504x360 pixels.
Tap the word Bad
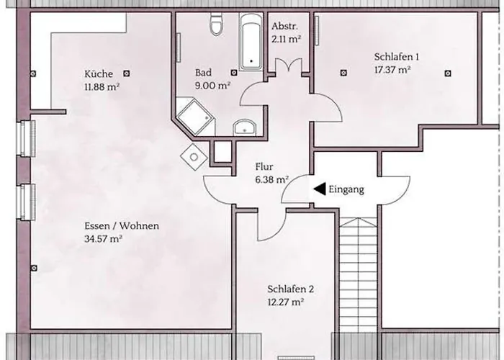203,72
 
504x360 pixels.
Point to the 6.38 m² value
271,180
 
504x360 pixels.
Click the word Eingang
346,190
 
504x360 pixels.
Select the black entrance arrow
318,190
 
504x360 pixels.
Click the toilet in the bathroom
215,26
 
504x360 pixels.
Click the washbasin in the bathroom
246,127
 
